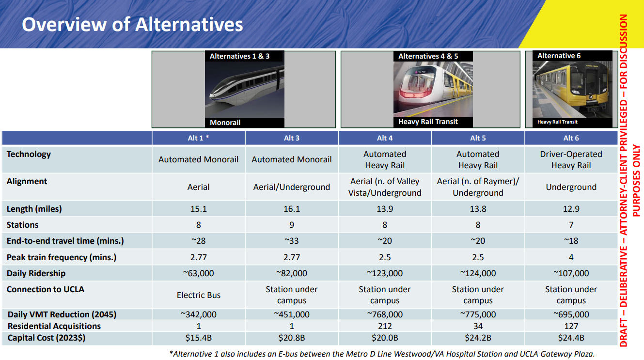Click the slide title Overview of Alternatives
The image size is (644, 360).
[132, 24]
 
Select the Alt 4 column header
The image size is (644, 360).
[385, 138]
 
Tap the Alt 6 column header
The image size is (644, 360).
[571, 138]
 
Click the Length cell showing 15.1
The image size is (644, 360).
[199, 209]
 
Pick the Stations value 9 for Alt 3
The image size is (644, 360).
[292, 225]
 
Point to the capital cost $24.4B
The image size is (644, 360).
[571, 338]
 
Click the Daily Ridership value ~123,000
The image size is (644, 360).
[385, 273]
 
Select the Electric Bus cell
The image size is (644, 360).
[199, 295]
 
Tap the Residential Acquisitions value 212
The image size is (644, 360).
[385, 326]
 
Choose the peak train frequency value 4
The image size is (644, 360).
[571, 257]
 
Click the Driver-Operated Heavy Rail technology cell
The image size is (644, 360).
[571, 160]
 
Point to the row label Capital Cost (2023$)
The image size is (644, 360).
[47, 338]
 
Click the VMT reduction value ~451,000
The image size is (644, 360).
[292, 314]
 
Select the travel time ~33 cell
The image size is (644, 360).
[292, 241]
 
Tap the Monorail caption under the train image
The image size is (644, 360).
[225, 123]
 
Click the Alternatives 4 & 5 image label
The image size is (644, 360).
[428, 57]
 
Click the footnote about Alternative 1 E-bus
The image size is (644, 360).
[382, 354]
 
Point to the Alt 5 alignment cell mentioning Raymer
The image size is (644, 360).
[478, 187]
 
